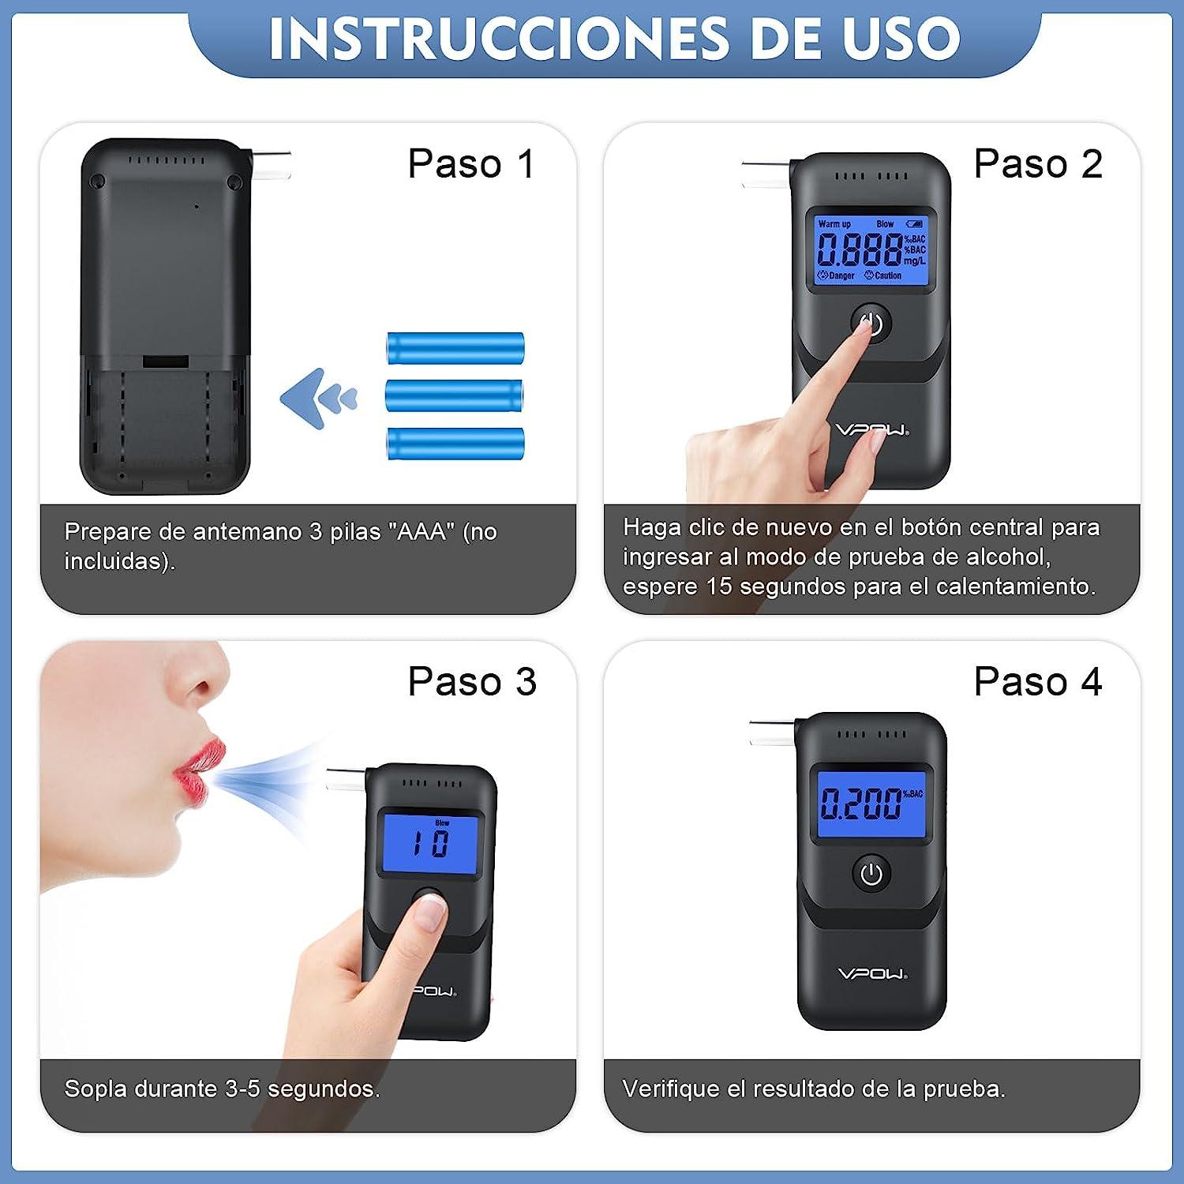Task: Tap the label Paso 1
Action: click(471, 164)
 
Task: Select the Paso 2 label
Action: click(1037, 164)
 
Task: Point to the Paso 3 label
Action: click(471, 681)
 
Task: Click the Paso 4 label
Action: click(1037, 681)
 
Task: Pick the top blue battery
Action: click(455, 348)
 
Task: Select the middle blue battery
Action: click(454, 395)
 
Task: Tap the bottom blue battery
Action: click(455, 444)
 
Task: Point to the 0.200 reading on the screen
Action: click(860, 804)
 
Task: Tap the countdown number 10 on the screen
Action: click(431, 844)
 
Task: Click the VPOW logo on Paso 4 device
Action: click(872, 974)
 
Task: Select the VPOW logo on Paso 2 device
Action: click(872, 430)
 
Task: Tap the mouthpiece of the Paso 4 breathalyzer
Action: click(772, 733)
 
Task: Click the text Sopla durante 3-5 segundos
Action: click(222, 1089)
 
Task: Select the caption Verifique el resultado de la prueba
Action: click(813, 1089)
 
